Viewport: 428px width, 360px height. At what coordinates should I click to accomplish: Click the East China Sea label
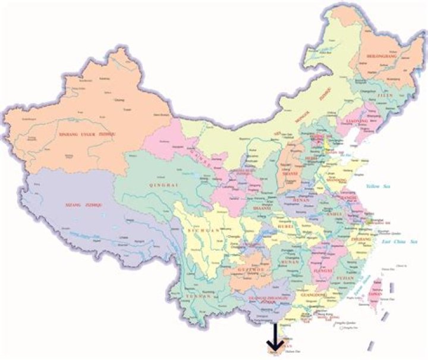(x=402, y=242)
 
